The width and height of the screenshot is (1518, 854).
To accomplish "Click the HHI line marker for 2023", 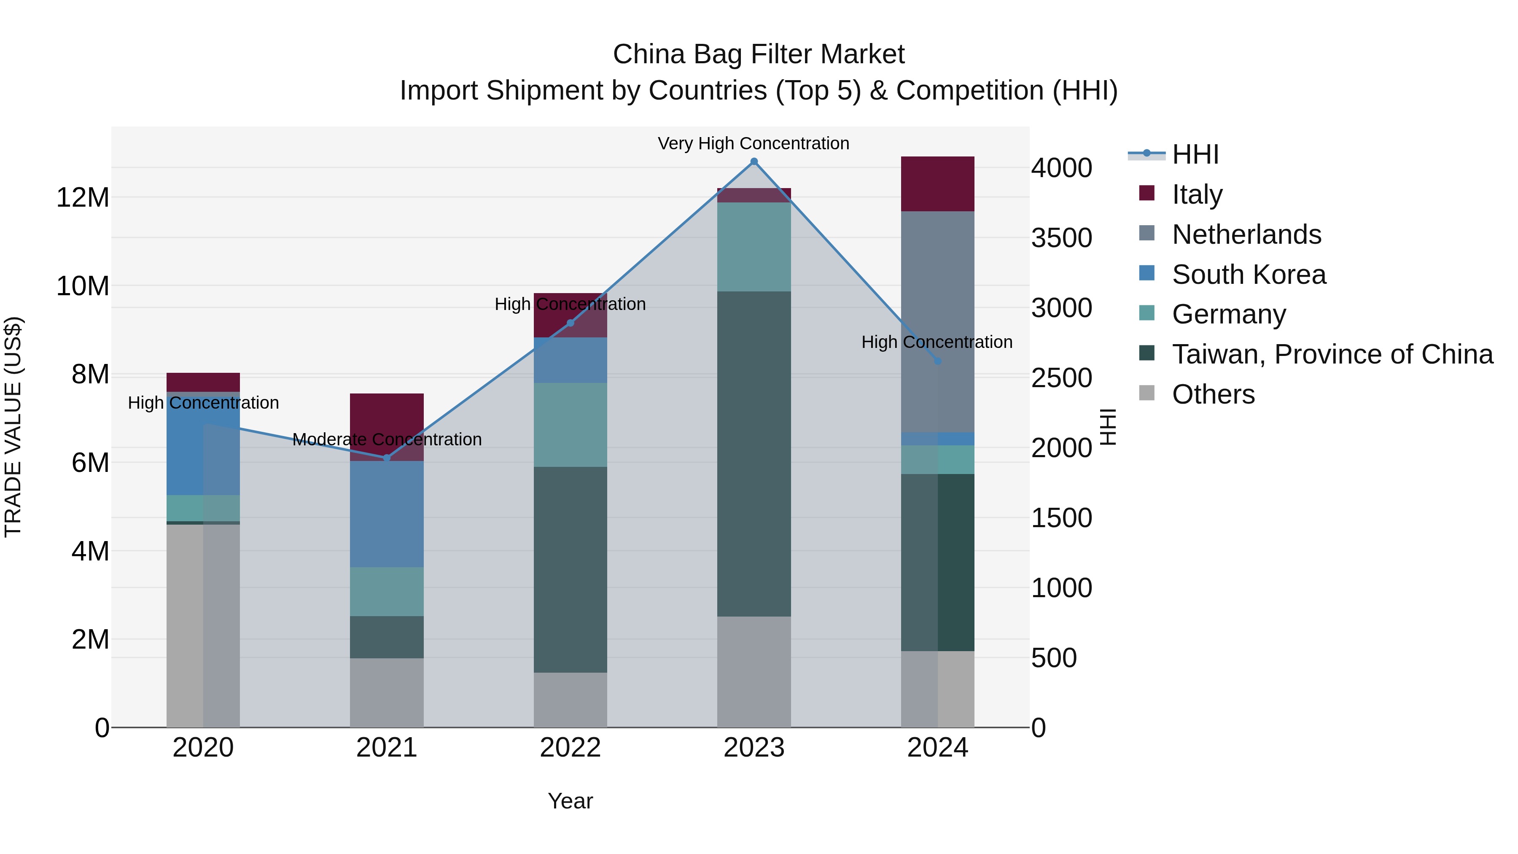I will [x=754, y=162].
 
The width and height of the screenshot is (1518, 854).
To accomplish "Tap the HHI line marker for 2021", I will [x=387, y=458].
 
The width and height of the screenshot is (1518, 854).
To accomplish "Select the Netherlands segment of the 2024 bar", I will [x=937, y=321].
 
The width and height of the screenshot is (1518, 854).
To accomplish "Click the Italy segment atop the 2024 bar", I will [x=937, y=184].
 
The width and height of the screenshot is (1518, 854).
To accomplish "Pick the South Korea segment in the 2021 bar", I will [x=387, y=514].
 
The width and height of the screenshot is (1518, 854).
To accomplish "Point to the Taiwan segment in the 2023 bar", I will [x=754, y=454].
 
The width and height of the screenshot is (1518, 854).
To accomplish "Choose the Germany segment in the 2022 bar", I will [x=570, y=425].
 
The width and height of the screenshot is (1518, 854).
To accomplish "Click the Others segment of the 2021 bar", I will [x=387, y=692].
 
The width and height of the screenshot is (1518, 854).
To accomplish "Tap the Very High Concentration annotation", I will [x=753, y=144].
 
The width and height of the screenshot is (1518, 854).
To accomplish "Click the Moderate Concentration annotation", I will [x=387, y=440].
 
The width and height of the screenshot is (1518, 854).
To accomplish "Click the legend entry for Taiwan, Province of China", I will [x=1332, y=355].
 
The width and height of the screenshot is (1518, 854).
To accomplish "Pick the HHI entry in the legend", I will [x=1195, y=154].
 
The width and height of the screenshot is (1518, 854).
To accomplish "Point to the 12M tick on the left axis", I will [x=83, y=197].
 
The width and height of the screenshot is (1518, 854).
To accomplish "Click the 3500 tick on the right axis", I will [x=1061, y=238].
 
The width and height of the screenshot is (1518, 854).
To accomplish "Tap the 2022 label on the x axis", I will [x=570, y=748].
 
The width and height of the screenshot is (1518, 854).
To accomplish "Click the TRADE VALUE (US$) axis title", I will [x=13, y=427].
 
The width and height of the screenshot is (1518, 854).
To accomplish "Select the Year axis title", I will [x=570, y=801].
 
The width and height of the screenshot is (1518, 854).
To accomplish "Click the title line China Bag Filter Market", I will [x=759, y=54].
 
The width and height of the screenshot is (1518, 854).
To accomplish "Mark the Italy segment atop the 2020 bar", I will [x=203, y=383].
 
